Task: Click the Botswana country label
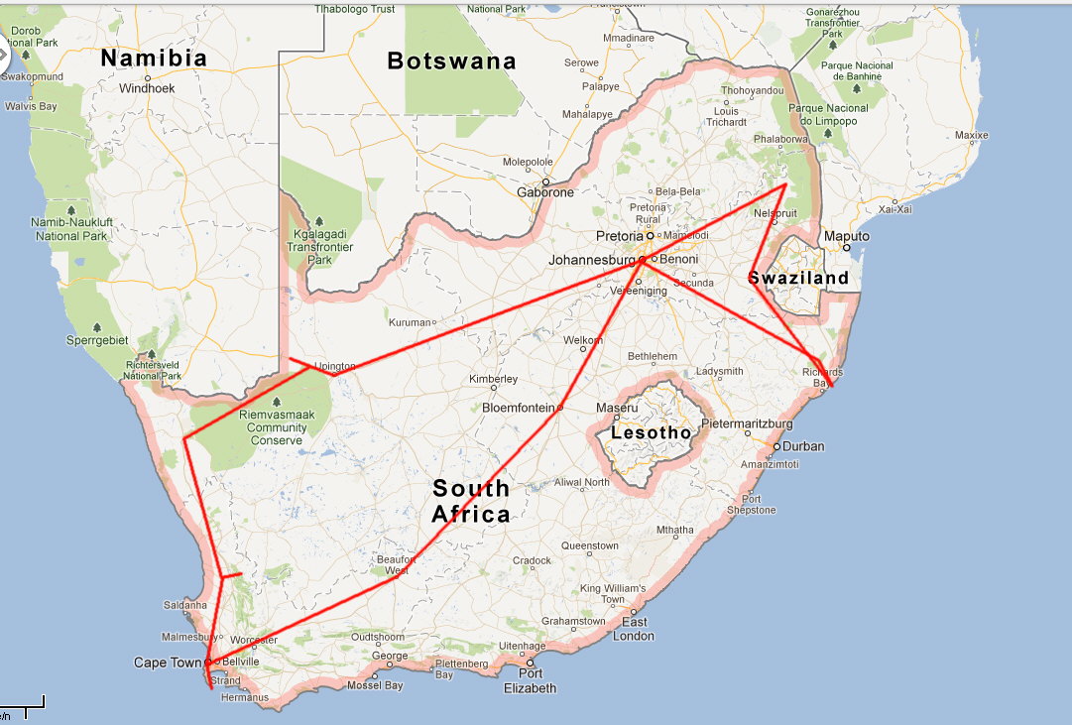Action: point(451,60)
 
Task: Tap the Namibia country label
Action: point(154,58)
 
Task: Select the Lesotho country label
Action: point(651,432)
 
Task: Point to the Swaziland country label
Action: point(799,278)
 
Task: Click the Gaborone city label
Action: point(545,192)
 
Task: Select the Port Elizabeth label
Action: point(531,681)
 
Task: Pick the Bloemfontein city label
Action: point(520,408)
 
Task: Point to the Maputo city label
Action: point(847,237)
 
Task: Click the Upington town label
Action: point(334,366)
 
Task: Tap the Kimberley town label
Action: point(494,379)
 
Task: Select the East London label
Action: point(634,629)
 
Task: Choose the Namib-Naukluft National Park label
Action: point(69,228)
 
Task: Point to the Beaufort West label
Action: point(394,564)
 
